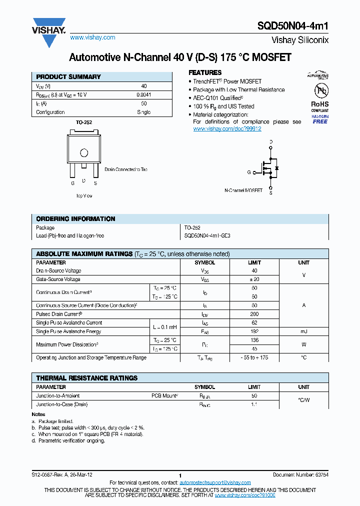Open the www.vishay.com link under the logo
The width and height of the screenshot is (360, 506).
(x=92, y=37)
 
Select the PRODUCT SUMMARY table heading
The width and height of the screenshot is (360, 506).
(x=68, y=77)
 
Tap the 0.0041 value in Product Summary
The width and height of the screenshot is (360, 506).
(x=143, y=94)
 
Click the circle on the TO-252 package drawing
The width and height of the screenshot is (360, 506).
(x=84, y=152)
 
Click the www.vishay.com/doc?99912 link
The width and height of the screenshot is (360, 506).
(x=227, y=128)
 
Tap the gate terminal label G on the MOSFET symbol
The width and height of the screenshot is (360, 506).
(x=248, y=172)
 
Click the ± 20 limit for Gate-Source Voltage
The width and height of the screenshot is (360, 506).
(x=254, y=279)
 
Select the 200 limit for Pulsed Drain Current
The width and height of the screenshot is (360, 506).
(x=254, y=314)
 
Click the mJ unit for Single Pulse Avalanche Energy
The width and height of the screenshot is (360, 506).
(x=303, y=331)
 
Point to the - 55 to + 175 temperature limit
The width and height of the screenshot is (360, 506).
(x=254, y=357)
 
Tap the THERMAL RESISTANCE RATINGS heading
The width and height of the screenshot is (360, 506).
(x=86, y=378)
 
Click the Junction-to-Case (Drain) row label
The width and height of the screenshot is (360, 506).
(x=62, y=404)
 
